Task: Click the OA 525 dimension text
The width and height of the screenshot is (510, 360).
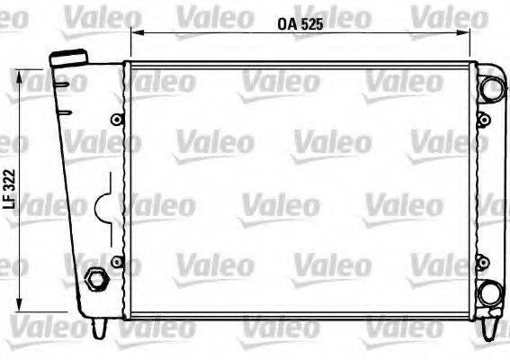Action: (x=300, y=25)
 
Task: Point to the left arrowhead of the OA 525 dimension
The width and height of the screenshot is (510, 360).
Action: (x=135, y=32)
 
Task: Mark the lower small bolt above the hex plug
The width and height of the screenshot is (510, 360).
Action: (x=115, y=261)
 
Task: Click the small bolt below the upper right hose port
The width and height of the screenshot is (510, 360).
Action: (x=484, y=120)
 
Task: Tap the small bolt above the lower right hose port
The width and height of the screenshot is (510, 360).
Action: (x=484, y=262)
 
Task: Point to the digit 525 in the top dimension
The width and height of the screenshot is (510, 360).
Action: (x=310, y=25)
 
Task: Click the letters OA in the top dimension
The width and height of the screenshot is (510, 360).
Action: (x=285, y=25)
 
